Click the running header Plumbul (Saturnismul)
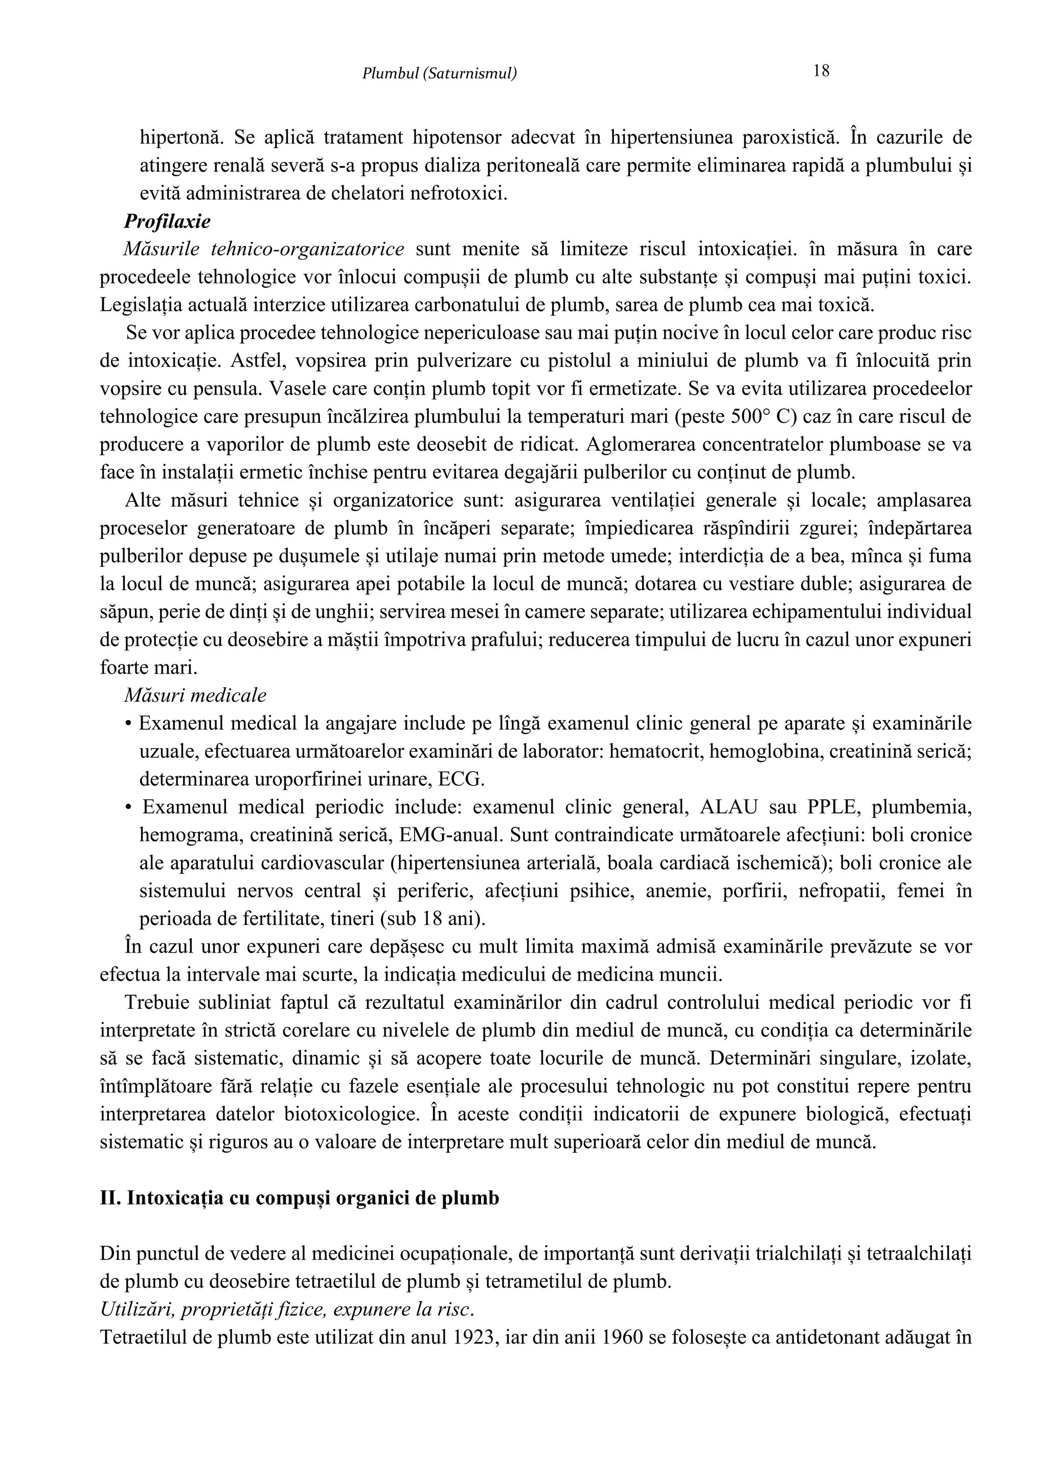(x=439, y=74)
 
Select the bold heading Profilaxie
(x=167, y=222)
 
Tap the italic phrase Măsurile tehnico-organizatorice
(x=264, y=249)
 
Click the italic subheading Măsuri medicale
(x=195, y=696)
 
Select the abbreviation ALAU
(x=729, y=807)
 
